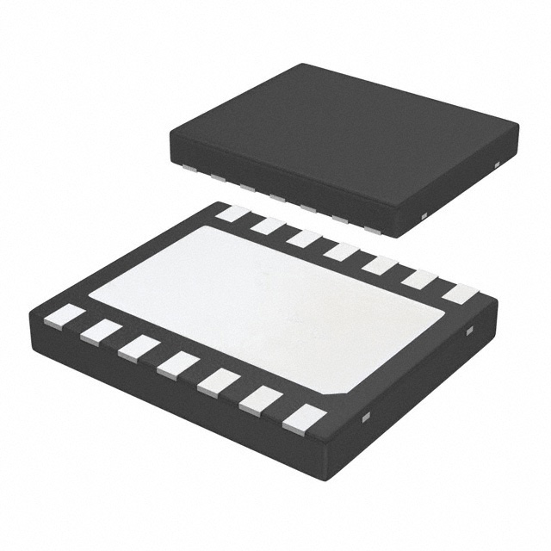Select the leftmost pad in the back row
click(x=232, y=213)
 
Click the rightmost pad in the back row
click(x=459, y=294)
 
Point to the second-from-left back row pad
click(x=269, y=226)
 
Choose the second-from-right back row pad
click(x=419, y=279)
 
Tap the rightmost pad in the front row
click(x=304, y=418)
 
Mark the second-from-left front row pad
click(x=102, y=331)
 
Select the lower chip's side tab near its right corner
click(x=470, y=330)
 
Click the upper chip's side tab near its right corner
click(x=498, y=164)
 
